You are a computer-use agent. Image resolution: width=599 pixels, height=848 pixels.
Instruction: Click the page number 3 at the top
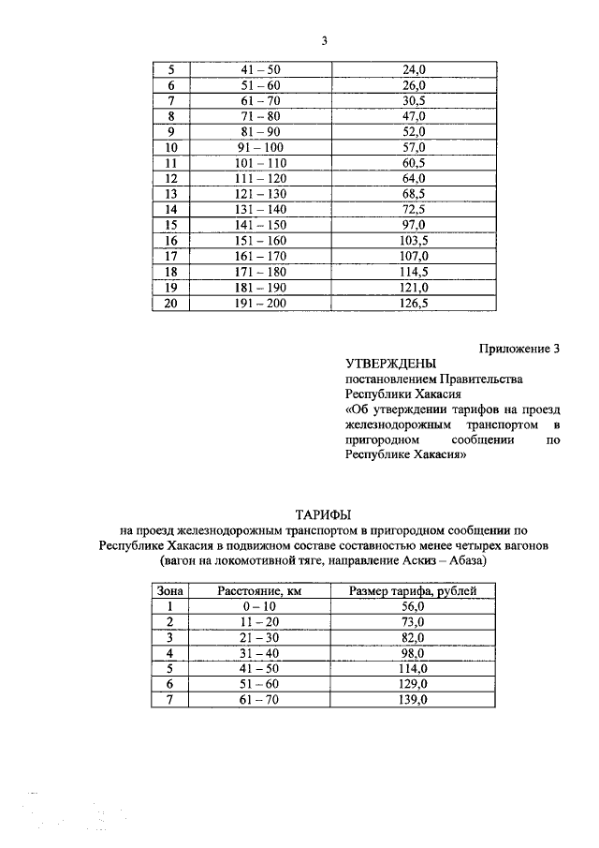pyautogui.click(x=324, y=40)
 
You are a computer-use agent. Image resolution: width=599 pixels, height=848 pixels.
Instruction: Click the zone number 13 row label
pyautogui.click(x=171, y=194)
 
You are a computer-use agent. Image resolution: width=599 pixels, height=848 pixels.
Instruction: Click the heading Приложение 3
pyautogui.click(x=519, y=349)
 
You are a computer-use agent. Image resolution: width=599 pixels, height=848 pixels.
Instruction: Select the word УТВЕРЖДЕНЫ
pyautogui.click(x=390, y=364)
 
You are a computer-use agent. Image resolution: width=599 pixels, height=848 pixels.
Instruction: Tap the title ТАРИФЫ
pyautogui.click(x=324, y=514)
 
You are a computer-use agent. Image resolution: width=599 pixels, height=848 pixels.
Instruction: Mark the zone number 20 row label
pyautogui.click(x=171, y=303)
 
